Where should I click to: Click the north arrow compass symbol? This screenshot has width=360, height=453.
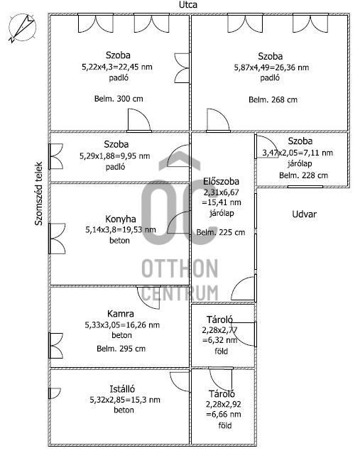pyautogui.click(x=22, y=28)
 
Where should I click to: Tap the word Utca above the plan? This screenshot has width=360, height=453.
pyautogui.click(x=188, y=5)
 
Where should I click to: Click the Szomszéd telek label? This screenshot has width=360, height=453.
pyautogui.click(x=38, y=194)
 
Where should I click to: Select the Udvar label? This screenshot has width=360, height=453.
pyautogui.click(x=304, y=214)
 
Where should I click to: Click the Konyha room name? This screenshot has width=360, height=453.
pyautogui.click(x=121, y=219)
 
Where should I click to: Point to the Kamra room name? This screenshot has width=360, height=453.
pyautogui.click(x=121, y=314)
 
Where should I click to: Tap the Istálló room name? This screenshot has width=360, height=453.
pyautogui.click(x=122, y=389)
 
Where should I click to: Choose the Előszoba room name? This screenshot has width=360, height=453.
pyautogui.click(x=222, y=182)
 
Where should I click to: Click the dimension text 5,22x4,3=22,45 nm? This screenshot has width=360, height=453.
pyautogui.click(x=117, y=67)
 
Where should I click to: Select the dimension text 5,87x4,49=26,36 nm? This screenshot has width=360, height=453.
pyautogui.click(x=271, y=67)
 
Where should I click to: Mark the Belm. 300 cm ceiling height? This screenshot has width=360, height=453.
pyautogui.click(x=119, y=99)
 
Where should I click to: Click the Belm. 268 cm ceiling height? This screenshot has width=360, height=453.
pyautogui.click(x=273, y=99)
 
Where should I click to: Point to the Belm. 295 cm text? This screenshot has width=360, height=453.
pyautogui.click(x=121, y=349)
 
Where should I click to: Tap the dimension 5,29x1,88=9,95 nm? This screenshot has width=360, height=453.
pyautogui.click(x=115, y=156)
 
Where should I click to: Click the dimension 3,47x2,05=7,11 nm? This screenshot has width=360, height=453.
pyautogui.click(x=298, y=153)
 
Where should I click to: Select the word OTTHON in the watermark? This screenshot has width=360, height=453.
pyautogui.click(x=180, y=268)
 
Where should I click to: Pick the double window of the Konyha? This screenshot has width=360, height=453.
pyautogui.click(x=57, y=239)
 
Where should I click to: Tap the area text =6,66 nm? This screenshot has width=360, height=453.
pyautogui.click(x=224, y=415)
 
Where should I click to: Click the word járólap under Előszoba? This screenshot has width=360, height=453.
pyautogui.click(x=222, y=213)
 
